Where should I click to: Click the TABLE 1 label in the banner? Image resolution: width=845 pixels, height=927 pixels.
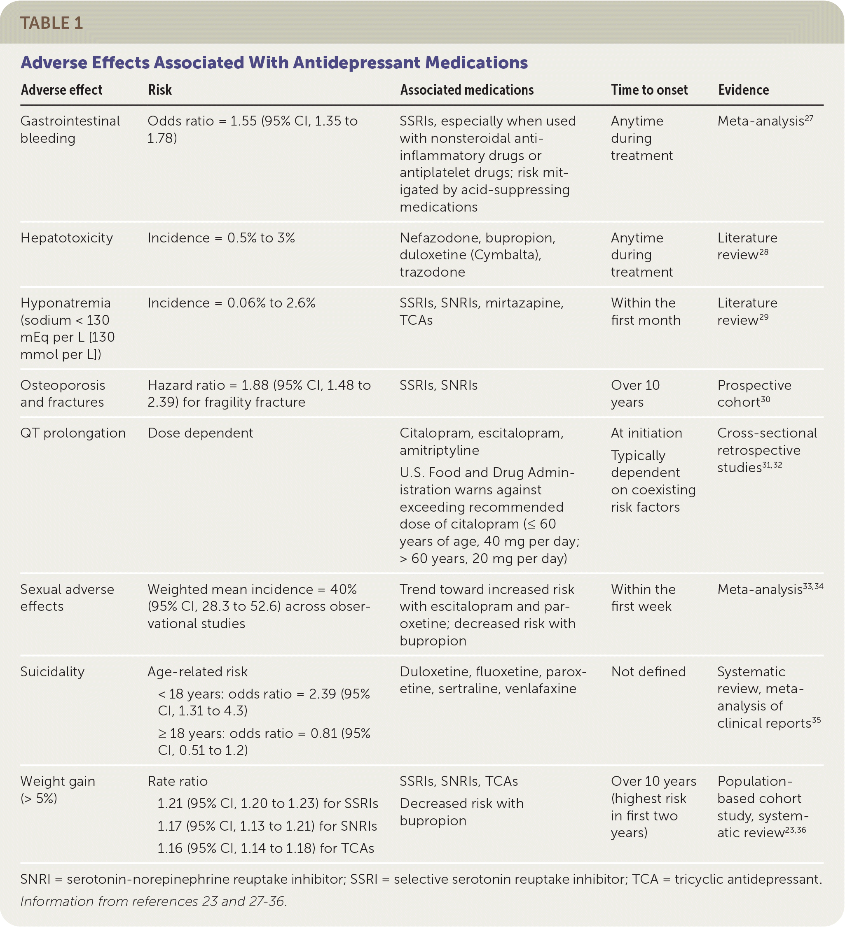point(51,23)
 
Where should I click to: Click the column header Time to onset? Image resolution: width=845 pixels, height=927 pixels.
point(649,90)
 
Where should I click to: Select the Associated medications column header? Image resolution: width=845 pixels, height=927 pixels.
point(467,90)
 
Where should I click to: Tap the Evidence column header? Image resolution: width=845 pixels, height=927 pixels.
point(743,90)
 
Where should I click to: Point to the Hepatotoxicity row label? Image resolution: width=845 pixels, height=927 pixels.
point(67,238)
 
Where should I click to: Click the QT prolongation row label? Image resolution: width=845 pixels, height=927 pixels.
point(73,433)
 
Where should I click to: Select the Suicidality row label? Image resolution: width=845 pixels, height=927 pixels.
point(52,672)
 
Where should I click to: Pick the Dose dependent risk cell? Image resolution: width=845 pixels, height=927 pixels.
point(200,433)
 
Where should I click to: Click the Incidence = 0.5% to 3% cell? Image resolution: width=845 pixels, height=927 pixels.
point(221,238)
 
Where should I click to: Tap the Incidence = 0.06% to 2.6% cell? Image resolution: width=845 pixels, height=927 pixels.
point(232,303)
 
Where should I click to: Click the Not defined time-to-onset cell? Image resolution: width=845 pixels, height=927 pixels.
point(648,672)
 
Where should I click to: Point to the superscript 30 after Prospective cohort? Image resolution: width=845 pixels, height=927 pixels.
point(765,400)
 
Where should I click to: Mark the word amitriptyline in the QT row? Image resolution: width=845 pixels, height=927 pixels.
point(439,450)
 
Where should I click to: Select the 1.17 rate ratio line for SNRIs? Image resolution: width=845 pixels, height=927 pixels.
point(267,826)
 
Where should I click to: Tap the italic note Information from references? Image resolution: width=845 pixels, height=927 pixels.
point(154,901)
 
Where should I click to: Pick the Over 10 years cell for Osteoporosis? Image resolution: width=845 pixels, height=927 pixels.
point(635,394)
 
